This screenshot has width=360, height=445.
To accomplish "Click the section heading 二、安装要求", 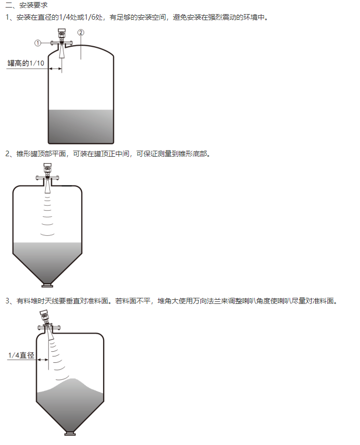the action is (26, 5).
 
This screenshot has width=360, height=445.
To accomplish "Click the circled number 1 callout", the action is (38, 43).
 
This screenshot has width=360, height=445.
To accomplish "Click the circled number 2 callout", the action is (81, 33).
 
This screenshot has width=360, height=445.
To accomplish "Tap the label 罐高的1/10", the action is (26, 63).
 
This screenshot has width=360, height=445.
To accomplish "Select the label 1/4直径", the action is (21, 355).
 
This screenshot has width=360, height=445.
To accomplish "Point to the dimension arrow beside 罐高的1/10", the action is (55, 69).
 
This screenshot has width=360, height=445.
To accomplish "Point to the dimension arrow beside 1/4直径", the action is (43, 359).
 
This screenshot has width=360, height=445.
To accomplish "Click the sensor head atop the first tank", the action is (61, 33).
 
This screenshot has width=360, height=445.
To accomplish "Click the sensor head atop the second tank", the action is (47, 168).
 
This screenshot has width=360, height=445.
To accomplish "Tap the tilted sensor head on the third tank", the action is (44, 316).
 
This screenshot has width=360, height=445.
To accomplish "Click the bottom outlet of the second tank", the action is (47, 285).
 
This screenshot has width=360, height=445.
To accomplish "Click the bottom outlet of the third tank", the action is (70, 433).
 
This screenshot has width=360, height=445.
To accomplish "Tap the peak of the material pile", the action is (74, 379).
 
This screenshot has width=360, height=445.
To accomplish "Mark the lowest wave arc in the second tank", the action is (47, 235).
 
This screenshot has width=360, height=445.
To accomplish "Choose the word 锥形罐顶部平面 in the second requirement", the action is (41, 154).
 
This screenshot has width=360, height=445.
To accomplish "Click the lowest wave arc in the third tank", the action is (62, 378).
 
